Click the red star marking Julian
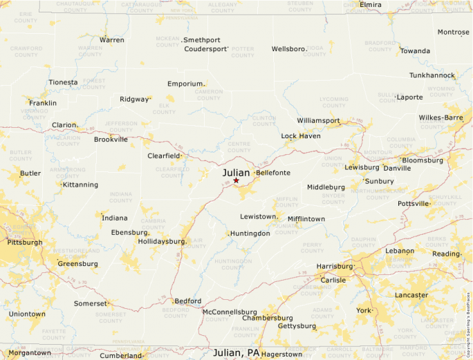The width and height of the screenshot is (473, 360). (x=236, y=180)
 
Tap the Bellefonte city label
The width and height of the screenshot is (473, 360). (x=273, y=173)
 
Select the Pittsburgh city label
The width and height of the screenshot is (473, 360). (x=25, y=243)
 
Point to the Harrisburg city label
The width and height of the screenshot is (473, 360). (x=334, y=266)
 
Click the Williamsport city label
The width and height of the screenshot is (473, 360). (x=318, y=120)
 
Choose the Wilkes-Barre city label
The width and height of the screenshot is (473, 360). (x=440, y=117)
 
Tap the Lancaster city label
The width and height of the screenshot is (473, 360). (x=411, y=295)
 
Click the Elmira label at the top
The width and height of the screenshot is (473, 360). (x=371, y=5)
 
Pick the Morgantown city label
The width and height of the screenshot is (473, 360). (x=30, y=352)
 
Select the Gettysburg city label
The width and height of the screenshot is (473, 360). (x=297, y=326)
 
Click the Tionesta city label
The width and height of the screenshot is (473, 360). (x=63, y=82)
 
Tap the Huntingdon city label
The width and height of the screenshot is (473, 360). (x=250, y=234)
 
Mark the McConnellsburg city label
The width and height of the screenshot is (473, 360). (x=230, y=312)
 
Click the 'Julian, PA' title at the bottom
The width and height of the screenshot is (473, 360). (x=236, y=352)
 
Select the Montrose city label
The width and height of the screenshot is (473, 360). (x=454, y=32)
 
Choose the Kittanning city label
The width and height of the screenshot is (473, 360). (x=80, y=184)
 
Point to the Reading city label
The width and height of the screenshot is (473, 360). (x=446, y=254)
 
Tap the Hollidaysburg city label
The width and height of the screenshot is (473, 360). (x=162, y=242)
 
